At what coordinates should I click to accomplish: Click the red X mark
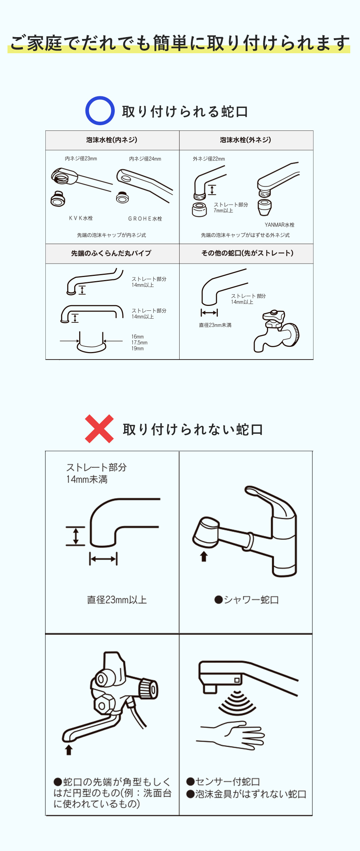(99, 429)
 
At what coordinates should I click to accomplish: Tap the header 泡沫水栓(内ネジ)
(112, 140)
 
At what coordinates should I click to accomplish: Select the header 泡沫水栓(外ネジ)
(246, 140)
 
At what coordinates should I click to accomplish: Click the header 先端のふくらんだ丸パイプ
(111, 253)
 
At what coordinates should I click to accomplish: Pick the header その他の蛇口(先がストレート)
(247, 253)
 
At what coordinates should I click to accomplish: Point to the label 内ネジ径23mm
(81, 159)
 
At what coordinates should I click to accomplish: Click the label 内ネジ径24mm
(145, 159)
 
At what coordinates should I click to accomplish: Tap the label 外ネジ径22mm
(209, 159)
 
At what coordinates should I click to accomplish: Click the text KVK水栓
(81, 218)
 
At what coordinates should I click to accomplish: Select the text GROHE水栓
(145, 219)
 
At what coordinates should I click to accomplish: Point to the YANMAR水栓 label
(279, 225)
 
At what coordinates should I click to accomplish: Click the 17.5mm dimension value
(139, 343)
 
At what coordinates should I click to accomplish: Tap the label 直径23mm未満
(215, 325)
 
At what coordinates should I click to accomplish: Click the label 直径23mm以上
(117, 600)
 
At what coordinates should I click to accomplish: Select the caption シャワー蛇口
(246, 600)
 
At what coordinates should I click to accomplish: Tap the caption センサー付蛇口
(223, 782)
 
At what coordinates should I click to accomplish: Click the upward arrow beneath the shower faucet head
(204, 556)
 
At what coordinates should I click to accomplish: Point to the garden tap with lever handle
(277, 331)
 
